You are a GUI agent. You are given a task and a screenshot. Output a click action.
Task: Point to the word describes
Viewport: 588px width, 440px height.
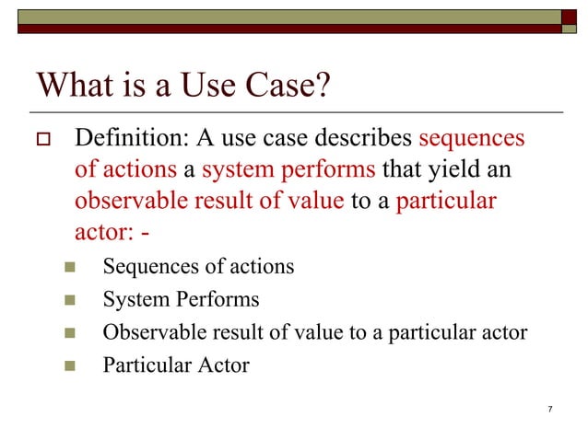click(x=365, y=139)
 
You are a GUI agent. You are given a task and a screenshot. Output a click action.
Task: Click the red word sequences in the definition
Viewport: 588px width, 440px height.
click(x=471, y=139)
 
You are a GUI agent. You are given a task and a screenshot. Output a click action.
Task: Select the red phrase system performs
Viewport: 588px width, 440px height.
click(x=288, y=170)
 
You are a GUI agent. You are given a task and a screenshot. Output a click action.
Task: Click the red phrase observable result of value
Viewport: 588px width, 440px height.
click(x=209, y=202)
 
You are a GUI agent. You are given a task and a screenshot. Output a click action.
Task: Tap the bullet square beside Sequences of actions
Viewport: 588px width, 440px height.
click(x=68, y=269)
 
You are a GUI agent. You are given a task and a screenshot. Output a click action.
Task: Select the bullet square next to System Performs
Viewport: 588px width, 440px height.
click(x=68, y=301)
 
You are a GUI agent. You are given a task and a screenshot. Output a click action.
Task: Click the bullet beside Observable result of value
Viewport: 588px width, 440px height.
click(x=68, y=333)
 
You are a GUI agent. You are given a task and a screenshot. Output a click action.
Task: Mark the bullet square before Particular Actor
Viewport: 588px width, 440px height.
click(x=68, y=365)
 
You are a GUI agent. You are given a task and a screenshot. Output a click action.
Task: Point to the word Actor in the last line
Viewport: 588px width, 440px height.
click(x=223, y=365)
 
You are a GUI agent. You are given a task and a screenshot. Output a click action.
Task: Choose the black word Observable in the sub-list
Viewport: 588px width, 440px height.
click(x=147, y=332)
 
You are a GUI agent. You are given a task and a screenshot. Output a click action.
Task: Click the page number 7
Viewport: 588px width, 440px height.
click(x=549, y=409)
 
